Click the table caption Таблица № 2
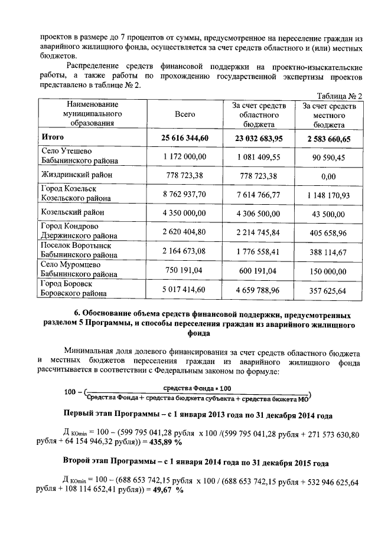(x=339, y=96)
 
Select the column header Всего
(x=185, y=114)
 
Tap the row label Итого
(x=53, y=138)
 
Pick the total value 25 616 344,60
(x=185, y=139)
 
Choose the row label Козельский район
(x=73, y=212)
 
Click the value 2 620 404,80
(x=185, y=231)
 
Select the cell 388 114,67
(x=329, y=251)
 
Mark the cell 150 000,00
(x=329, y=269)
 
